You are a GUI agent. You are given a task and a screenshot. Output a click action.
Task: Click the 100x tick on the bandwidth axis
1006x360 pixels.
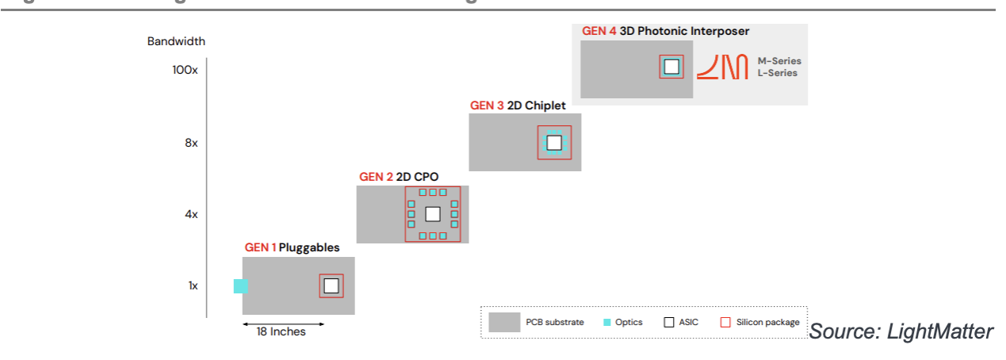(184, 70)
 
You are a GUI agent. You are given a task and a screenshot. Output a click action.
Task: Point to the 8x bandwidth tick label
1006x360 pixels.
(190, 143)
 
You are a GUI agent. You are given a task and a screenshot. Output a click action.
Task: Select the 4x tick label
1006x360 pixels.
(190, 214)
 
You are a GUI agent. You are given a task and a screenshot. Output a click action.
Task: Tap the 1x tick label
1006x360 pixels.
(193, 285)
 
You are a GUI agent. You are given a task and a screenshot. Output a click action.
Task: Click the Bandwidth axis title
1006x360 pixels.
(176, 41)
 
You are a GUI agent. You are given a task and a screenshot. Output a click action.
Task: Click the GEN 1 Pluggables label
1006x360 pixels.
(292, 247)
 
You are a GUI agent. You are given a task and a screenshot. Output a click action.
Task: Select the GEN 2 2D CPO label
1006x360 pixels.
(399, 176)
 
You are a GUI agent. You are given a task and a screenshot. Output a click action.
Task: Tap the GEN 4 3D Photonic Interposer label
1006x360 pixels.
(665, 32)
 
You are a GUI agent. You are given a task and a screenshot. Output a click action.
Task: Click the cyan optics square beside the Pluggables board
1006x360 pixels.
(241, 286)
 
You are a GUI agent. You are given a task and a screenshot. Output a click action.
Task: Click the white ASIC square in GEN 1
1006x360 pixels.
(331, 286)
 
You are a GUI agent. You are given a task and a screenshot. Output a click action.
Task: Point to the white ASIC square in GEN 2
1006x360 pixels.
(433, 214)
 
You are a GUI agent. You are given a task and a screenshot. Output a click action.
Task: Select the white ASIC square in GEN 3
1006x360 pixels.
(554, 143)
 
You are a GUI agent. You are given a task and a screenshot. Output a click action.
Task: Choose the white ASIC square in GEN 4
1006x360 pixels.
(671, 67)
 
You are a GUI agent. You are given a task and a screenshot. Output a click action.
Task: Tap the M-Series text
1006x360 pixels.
(779, 61)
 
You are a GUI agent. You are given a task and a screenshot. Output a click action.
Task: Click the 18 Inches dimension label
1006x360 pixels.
(281, 331)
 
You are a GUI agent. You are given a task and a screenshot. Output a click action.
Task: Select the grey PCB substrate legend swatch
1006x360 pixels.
(504, 322)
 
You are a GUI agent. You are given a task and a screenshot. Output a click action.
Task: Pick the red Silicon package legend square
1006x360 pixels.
(725, 322)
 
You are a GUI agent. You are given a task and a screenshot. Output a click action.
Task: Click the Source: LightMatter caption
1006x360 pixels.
(901, 331)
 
